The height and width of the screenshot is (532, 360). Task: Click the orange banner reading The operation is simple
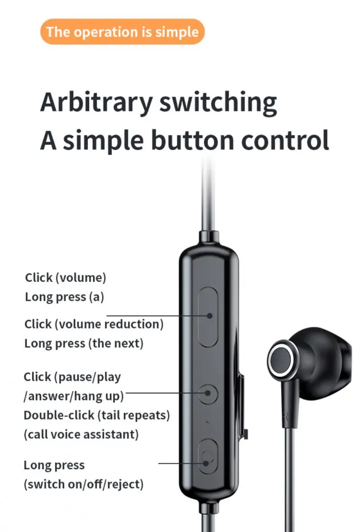[x=122, y=32]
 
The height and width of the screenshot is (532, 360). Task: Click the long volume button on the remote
[x=208, y=317]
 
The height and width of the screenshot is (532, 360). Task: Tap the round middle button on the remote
[x=208, y=394]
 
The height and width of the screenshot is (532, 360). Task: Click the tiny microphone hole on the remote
[x=208, y=422]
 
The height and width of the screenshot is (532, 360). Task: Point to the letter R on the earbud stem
[x=286, y=418]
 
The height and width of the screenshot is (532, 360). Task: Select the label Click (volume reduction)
[x=94, y=324]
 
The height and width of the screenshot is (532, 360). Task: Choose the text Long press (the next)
[x=84, y=344]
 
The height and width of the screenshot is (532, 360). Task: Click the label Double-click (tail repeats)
[x=97, y=415]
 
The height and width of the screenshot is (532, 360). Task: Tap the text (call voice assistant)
[x=81, y=434]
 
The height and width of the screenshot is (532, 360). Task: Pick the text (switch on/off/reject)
[x=84, y=484]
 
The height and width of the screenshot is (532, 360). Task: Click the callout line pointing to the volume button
[x=157, y=316]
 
